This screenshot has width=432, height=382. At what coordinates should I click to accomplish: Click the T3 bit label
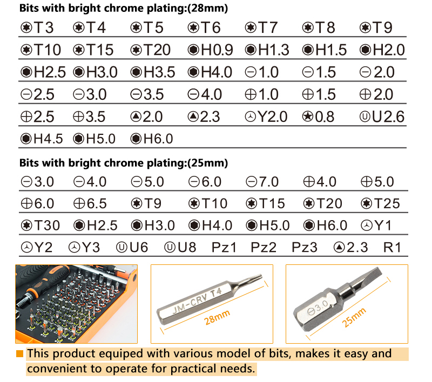coord(37,28)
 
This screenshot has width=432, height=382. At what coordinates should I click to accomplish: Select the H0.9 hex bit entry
coord(210,50)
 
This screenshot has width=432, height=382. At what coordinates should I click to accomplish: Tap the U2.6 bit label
coord(382,117)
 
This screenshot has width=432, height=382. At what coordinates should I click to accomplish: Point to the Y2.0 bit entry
coord(266,117)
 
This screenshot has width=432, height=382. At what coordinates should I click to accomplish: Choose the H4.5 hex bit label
coord(42,139)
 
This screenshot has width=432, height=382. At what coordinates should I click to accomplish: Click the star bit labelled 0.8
coord(318,117)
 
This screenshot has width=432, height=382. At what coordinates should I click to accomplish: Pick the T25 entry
coord(380,203)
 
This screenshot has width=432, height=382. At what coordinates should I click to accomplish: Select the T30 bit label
coord(40,226)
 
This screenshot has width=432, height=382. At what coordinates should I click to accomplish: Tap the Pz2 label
coord(264,248)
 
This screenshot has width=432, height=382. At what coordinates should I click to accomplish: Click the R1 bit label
coord(392,248)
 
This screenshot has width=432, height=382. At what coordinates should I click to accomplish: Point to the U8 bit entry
coord(180,248)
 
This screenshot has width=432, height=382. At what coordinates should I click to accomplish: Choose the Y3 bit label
coord(84,248)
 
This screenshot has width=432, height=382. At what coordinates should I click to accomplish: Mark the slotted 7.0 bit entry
coord(262,182)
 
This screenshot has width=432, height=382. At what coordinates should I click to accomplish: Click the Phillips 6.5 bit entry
coord(90,203)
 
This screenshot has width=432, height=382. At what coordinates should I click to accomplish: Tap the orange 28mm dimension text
coord(217,317)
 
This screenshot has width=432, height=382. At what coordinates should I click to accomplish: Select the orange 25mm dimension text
coord(354,317)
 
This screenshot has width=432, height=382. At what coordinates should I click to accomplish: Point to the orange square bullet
coord(19,353)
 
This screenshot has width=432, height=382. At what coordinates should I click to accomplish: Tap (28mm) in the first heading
coord(208,9)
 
